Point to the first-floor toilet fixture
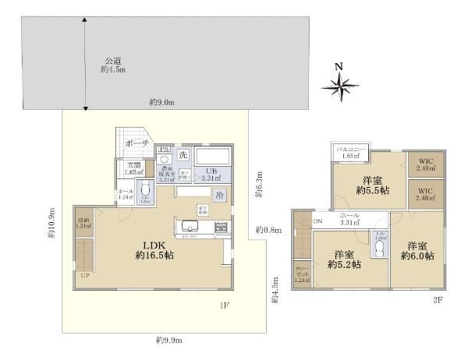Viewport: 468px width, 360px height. (145, 189)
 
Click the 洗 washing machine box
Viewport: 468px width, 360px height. (183, 154)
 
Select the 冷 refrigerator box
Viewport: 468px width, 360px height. (221, 194)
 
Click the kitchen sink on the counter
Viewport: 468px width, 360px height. (190, 227)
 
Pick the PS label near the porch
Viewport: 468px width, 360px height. (165, 149)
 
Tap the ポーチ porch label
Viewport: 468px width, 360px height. (137, 144)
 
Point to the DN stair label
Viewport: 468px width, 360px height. (317, 222)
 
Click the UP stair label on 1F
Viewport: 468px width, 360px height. (84, 275)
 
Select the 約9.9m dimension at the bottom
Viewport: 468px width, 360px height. (169, 340)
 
